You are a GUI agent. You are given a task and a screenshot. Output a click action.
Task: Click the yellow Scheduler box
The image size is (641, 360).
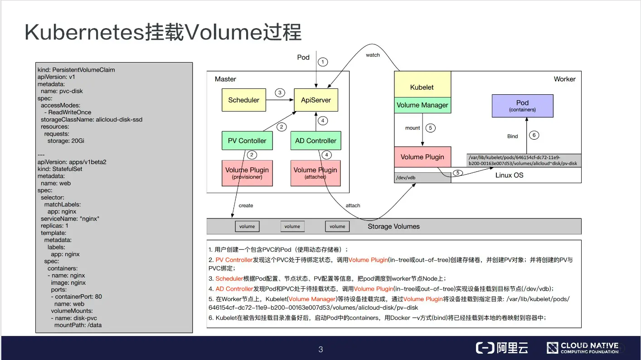(x=243, y=100)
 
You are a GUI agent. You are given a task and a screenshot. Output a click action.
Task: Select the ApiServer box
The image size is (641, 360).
(x=316, y=100)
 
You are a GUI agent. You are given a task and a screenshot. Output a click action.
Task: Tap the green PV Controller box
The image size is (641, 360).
(x=247, y=141)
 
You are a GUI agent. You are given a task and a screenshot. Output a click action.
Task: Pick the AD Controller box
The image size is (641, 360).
(x=316, y=141)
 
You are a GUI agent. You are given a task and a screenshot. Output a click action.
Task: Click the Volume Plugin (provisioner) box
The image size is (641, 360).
(x=247, y=173)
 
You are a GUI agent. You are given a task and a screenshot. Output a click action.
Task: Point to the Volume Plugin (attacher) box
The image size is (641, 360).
(x=316, y=173)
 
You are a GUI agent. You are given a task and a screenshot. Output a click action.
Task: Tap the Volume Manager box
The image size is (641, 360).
(x=422, y=105)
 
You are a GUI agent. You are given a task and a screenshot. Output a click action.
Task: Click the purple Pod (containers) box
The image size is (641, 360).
(x=522, y=106)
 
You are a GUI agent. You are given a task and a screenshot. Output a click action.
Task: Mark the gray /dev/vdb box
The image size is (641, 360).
(x=422, y=178)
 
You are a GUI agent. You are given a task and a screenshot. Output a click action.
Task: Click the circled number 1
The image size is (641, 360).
(x=322, y=62)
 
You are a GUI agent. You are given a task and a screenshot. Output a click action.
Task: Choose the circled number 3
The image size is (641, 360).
(x=280, y=93)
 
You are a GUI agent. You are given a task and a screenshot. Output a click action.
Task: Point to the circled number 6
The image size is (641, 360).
(x=534, y=135)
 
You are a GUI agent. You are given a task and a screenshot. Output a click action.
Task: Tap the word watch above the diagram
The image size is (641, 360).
(x=373, y=55)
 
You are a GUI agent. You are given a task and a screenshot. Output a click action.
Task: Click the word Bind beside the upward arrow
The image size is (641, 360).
(x=512, y=136)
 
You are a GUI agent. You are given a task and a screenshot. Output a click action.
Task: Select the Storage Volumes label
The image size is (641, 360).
(x=393, y=226)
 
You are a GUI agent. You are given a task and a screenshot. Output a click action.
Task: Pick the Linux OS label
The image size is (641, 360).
(x=509, y=175)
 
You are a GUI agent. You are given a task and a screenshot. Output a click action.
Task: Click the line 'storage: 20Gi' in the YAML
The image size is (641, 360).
(x=66, y=141)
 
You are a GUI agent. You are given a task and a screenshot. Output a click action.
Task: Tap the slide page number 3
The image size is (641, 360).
(x=320, y=349)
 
